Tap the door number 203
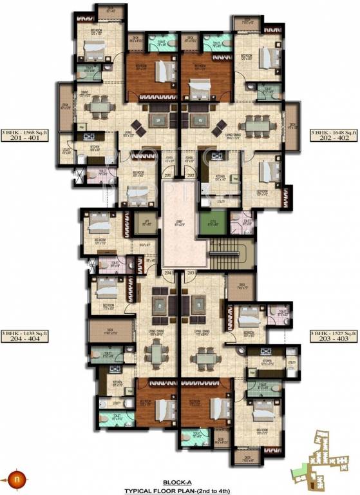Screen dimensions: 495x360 coord(190,273)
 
